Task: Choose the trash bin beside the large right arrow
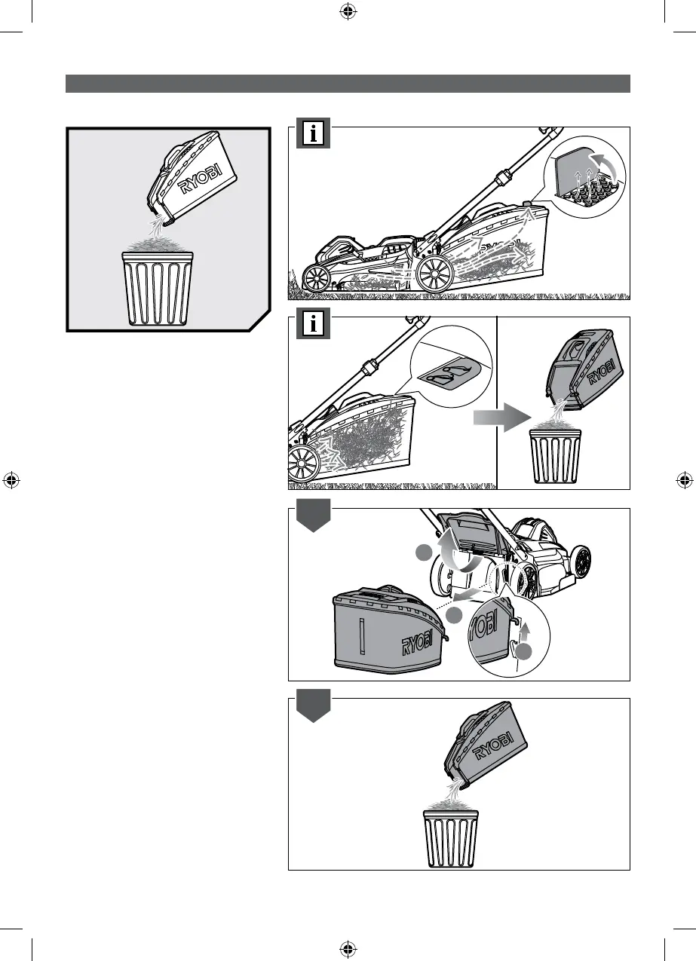point(555,455)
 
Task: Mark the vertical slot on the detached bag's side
point(362,635)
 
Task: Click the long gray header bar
point(348,83)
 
